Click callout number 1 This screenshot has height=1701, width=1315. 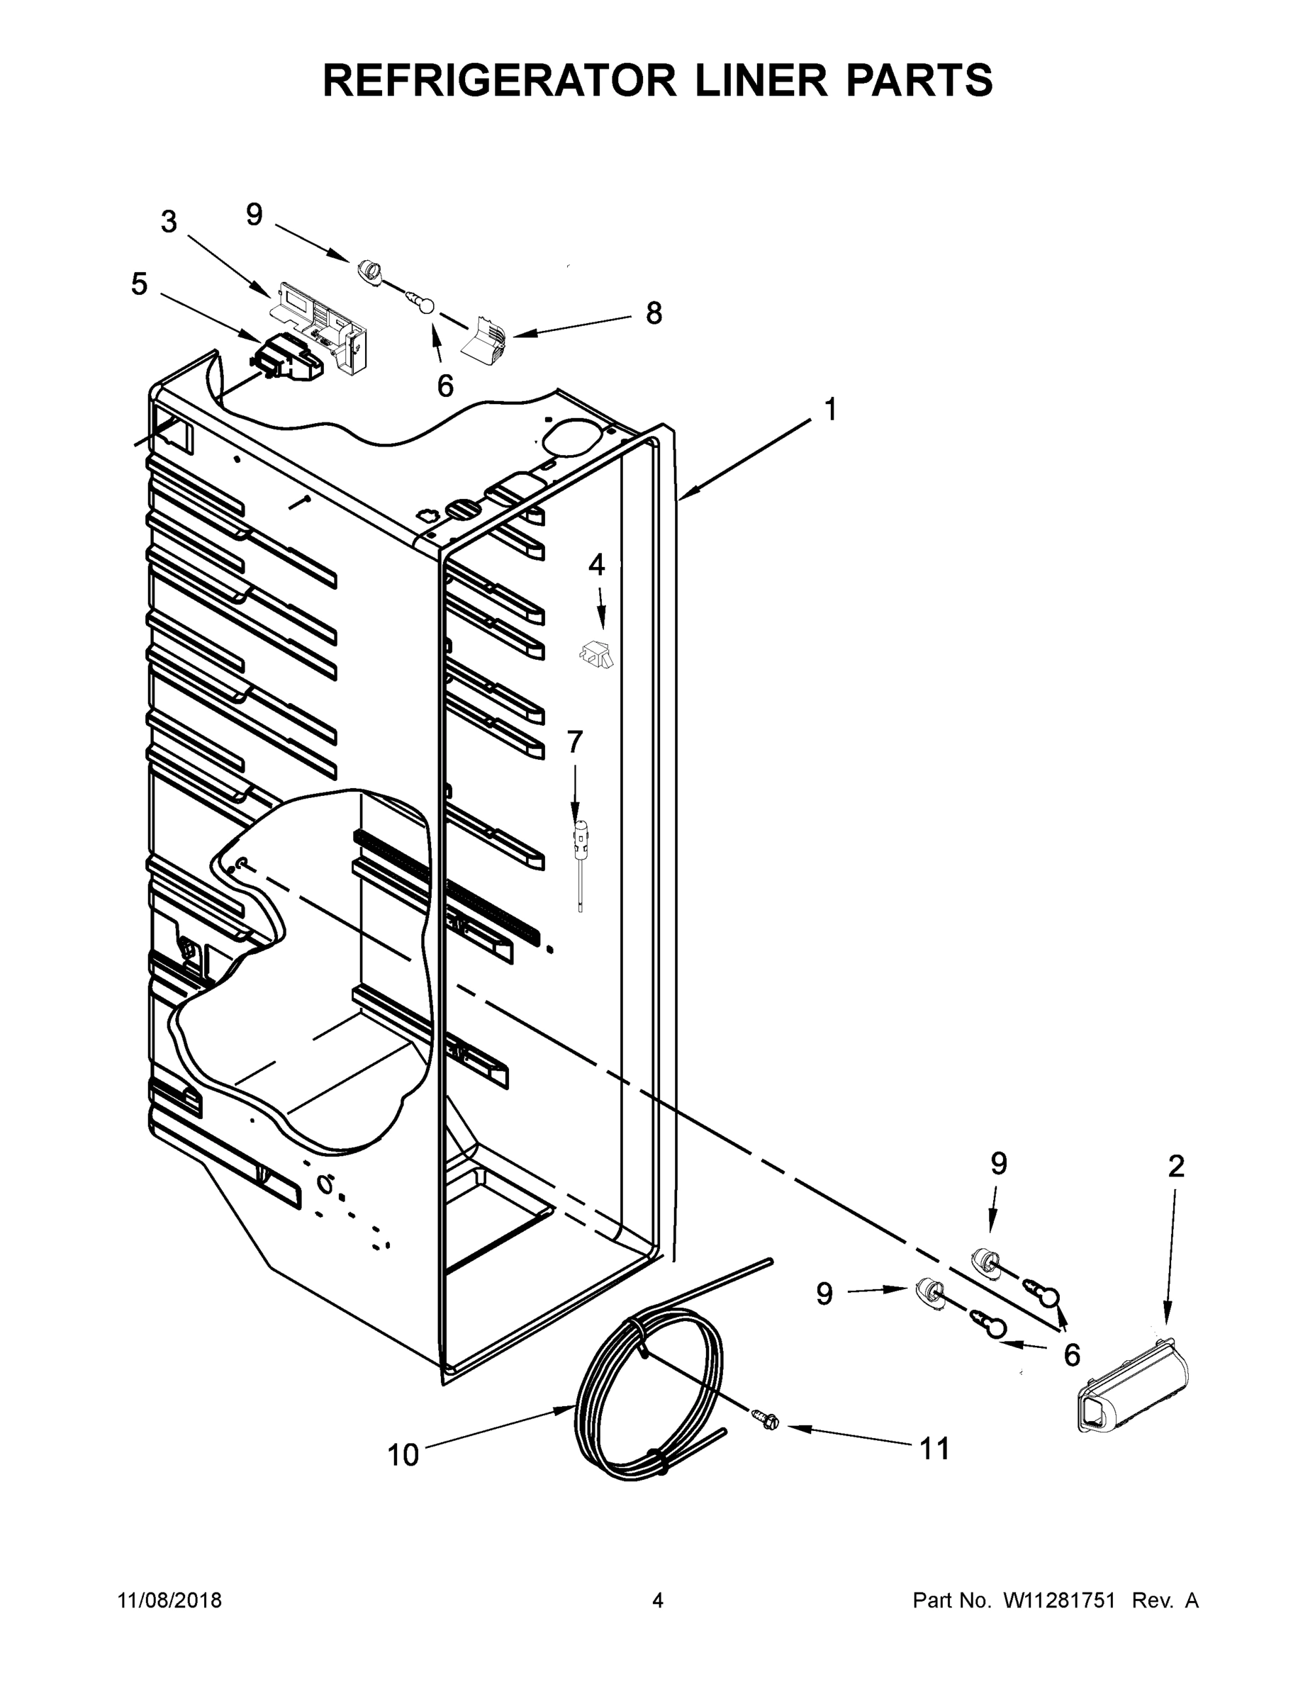(830, 409)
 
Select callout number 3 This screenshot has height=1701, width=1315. (169, 222)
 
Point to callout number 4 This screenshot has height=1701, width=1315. (596, 565)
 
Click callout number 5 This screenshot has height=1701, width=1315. (139, 284)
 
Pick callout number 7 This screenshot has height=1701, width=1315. (574, 742)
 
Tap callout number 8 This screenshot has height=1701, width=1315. (654, 313)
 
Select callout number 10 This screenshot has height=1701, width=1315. (403, 1454)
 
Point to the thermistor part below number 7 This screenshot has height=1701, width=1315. (580, 849)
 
